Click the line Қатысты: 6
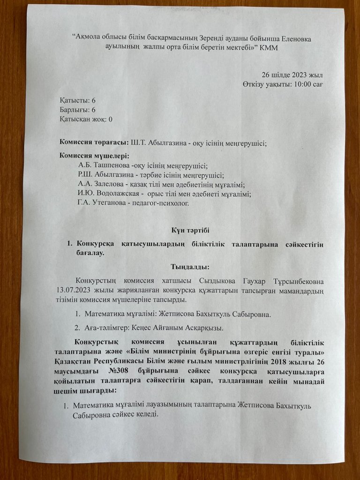(78, 101)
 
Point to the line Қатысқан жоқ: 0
(86, 119)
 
